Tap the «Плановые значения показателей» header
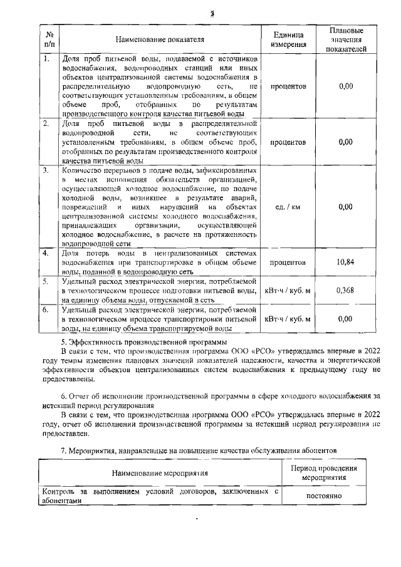click(x=346, y=39)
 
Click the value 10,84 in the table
click(x=346, y=262)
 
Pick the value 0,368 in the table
click(x=346, y=290)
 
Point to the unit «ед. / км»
click(x=288, y=206)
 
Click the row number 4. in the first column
click(x=46, y=252)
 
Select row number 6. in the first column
click(x=46, y=310)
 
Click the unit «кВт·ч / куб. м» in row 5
click(x=288, y=290)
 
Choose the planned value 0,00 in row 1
click(x=346, y=86)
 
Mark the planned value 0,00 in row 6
click(x=346, y=319)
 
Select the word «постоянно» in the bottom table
click(x=324, y=496)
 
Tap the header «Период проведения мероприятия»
click(x=324, y=472)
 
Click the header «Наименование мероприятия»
click(x=160, y=472)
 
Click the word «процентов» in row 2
click(x=288, y=142)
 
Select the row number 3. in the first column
click(x=46, y=170)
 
